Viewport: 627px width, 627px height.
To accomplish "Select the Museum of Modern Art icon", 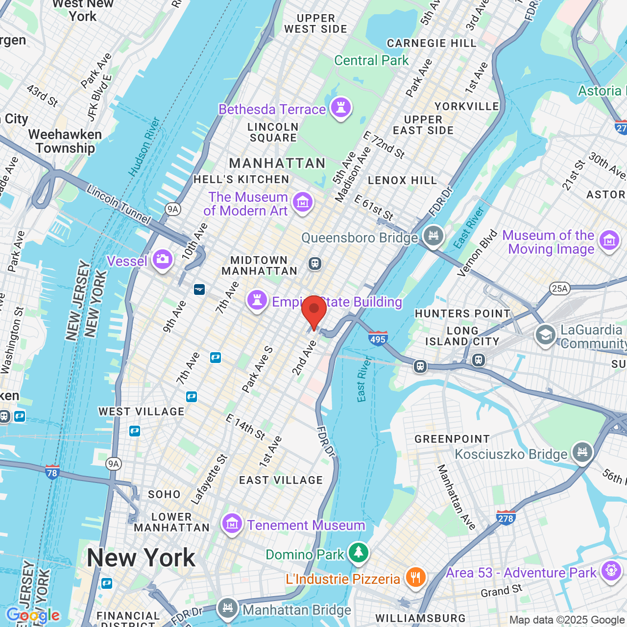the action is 303,202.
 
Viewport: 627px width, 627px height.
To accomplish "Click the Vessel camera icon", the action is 163,259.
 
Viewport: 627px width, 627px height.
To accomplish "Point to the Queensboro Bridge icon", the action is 434,236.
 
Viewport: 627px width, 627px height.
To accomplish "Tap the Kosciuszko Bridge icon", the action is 582,452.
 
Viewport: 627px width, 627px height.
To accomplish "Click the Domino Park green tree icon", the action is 359,553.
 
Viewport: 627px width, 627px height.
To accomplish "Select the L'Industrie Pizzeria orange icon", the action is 415,577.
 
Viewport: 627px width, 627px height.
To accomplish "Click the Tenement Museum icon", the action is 232,524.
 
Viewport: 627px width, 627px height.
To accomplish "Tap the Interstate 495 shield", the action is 378,338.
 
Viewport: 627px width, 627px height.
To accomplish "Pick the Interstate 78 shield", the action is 52,472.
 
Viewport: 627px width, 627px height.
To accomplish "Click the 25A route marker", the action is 560,288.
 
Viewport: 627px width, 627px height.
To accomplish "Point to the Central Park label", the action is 371,60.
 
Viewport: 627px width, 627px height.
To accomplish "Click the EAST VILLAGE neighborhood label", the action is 281,480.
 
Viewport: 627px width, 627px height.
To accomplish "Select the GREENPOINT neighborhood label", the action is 452,439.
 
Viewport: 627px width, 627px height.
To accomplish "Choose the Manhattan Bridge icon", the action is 227,608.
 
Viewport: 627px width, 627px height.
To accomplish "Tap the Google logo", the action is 33,615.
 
